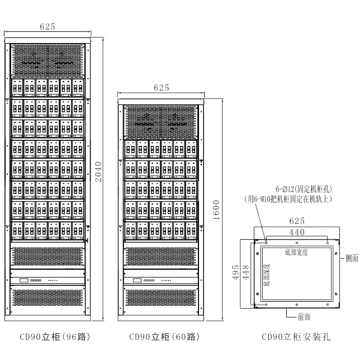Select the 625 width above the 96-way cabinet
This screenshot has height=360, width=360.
tap(48, 26)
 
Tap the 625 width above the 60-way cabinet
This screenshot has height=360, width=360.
tap(161, 88)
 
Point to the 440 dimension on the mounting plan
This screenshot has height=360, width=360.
tap(296, 231)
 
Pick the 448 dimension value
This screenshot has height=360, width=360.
tap(245, 272)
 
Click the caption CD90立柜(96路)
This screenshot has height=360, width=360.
tap(55, 337)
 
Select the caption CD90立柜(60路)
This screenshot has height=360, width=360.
tap(164, 337)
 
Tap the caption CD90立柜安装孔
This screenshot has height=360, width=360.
tap(296, 337)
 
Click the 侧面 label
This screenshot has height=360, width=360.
tap(352, 258)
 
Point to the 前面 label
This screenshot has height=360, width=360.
tap(304, 316)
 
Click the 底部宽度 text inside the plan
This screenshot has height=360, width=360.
tap(296, 252)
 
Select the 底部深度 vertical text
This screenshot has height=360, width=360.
tap(266, 274)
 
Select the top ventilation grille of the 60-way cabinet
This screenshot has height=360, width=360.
tap(161, 121)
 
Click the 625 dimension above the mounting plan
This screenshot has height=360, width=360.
tap(296, 221)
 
